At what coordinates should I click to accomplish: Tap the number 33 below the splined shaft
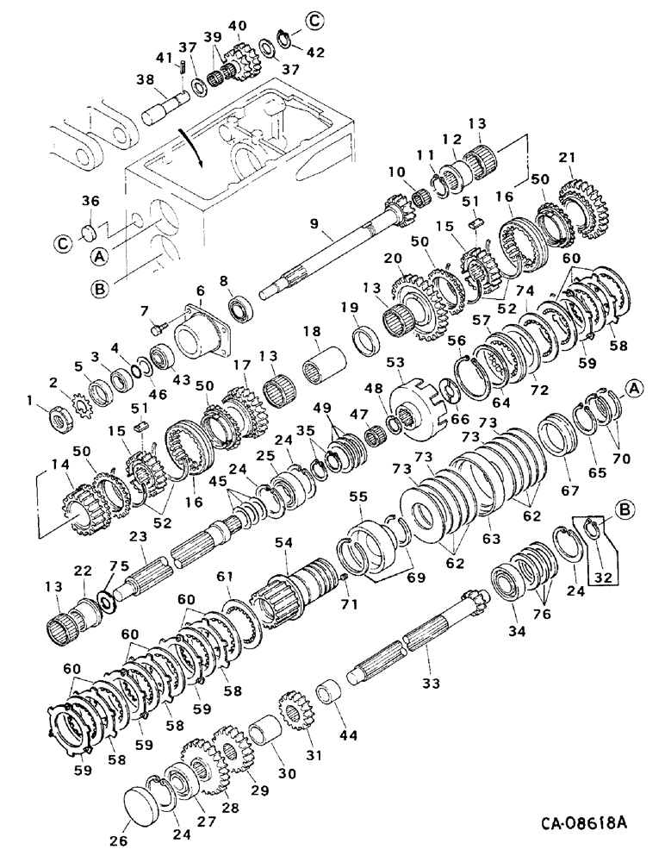(430, 684)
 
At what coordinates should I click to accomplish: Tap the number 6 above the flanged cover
(201, 291)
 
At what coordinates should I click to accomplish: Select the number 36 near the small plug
(91, 202)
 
